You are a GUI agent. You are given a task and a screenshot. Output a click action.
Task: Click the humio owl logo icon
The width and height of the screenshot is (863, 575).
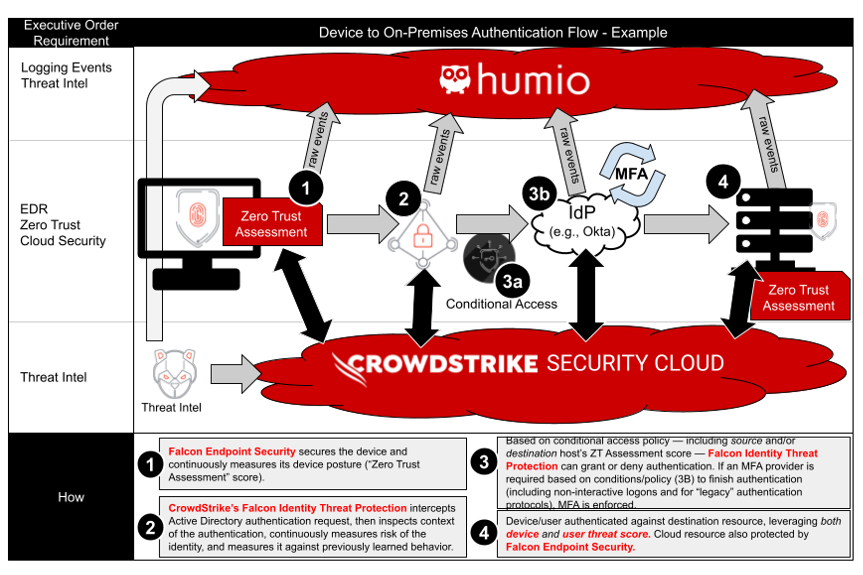click(x=454, y=79)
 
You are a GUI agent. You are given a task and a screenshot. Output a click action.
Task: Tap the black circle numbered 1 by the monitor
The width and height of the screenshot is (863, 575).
click(x=306, y=188)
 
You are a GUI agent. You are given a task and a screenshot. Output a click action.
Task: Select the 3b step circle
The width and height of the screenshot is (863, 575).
click(x=539, y=194)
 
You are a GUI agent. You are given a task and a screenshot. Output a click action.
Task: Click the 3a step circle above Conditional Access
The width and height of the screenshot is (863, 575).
click(x=512, y=281)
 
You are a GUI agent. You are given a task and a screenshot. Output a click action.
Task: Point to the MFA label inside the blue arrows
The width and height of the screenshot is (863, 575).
click(x=632, y=174)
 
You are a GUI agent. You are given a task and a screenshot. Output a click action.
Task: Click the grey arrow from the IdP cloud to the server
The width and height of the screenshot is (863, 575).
click(x=686, y=224)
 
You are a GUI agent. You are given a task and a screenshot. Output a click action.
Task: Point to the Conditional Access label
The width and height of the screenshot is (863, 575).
click(x=501, y=304)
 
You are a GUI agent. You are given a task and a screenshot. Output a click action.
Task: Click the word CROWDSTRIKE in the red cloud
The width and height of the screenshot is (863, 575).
click(x=442, y=364)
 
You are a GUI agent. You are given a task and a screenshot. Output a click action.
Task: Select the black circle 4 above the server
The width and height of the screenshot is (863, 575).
click(x=723, y=182)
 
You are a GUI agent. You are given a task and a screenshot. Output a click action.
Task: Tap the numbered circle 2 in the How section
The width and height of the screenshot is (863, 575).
click(x=150, y=527)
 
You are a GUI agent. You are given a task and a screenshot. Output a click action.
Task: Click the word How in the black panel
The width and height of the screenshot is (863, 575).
click(x=71, y=497)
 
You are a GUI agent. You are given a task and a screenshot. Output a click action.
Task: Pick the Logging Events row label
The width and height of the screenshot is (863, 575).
click(x=66, y=68)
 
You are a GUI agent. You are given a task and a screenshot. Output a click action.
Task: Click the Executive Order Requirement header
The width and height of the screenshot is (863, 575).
click(x=71, y=33)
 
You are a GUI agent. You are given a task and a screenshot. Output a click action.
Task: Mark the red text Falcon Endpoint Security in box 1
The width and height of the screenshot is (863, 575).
click(x=232, y=452)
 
